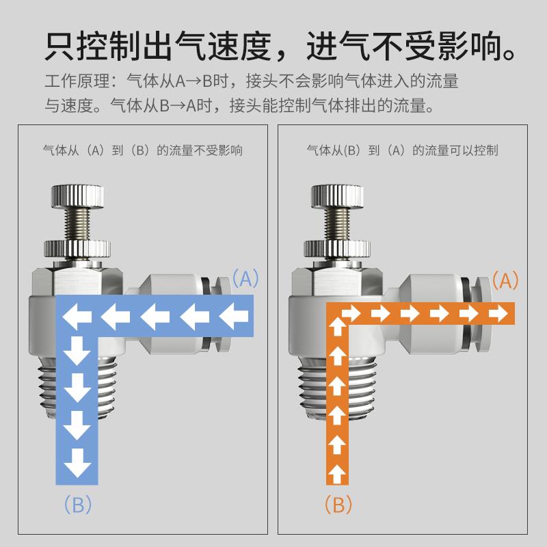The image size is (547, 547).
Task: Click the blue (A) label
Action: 245,279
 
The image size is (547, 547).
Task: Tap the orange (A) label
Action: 505,280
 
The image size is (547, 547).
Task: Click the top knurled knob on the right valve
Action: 338,196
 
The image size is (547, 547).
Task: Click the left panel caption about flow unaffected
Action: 142,150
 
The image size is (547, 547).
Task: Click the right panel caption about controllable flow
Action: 402,150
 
